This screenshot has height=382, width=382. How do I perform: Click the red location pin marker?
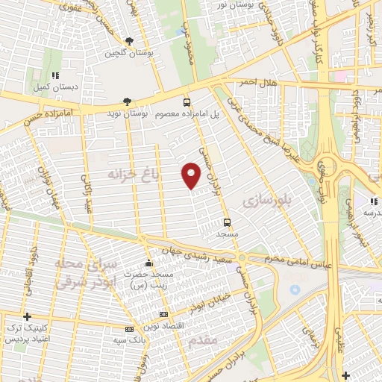192,176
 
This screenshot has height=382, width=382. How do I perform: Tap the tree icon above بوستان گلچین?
129,42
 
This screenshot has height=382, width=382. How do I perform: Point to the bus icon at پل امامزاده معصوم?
186,102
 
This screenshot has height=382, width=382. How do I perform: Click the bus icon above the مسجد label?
227,222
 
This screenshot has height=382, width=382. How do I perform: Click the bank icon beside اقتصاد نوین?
163,315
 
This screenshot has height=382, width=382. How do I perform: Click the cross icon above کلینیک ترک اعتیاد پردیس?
28,316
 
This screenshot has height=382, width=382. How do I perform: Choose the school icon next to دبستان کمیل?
55,75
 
